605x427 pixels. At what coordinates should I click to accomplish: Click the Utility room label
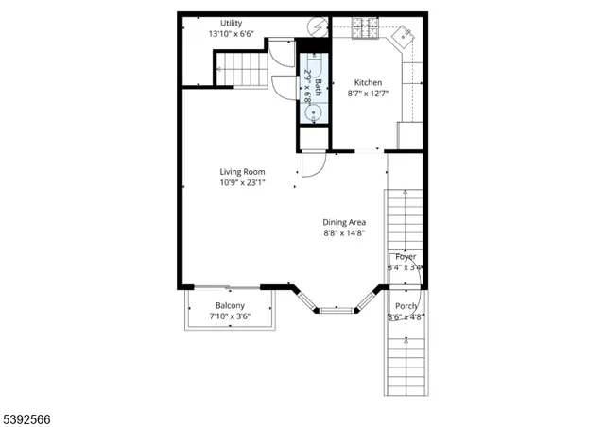point(231,23)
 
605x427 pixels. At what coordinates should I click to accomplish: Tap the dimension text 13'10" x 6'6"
point(231,34)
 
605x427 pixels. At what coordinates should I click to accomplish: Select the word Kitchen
point(368,82)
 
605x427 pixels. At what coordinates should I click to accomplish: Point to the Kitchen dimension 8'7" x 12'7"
point(368,94)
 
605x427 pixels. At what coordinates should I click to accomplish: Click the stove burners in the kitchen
point(365,28)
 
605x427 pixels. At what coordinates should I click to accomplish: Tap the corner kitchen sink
point(403,36)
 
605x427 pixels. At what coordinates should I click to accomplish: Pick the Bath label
point(319,88)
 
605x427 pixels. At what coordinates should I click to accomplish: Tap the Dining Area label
point(344,222)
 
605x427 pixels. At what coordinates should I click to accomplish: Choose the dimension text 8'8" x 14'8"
point(344,233)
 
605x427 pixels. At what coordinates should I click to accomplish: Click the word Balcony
point(230,305)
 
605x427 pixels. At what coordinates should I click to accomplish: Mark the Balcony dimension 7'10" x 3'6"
point(230,316)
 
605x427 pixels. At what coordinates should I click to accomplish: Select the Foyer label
point(406,257)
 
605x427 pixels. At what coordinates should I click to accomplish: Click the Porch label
point(406,306)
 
